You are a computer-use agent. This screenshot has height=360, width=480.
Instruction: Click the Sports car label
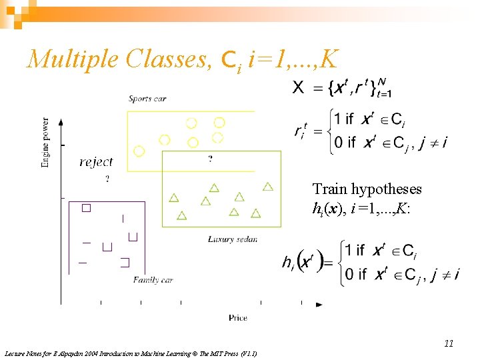tap(147, 99)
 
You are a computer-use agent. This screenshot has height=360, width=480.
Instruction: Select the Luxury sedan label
tap(233, 239)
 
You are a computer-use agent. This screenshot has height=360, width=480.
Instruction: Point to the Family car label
tap(153, 280)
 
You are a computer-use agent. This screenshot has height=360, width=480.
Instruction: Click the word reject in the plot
tap(96, 162)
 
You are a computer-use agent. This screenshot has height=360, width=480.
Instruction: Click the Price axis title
tap(238, 318)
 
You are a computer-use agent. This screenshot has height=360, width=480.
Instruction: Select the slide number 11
tap(449, 343)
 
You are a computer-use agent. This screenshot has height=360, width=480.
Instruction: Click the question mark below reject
tap(107, 178)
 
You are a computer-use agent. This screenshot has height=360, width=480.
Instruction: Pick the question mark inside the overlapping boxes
tap(211, 159)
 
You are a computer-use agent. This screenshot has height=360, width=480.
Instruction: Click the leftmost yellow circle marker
tap(139, 151)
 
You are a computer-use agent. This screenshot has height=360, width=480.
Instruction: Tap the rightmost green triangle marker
tap(268, 187)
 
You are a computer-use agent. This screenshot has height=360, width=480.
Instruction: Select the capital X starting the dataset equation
tap(299, 87)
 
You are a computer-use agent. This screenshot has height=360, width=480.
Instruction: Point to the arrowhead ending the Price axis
tap(319, 305)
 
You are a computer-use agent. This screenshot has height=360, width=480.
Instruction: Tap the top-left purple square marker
tap(86, 208)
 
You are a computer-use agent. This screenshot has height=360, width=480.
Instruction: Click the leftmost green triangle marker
tap(174, 197)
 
